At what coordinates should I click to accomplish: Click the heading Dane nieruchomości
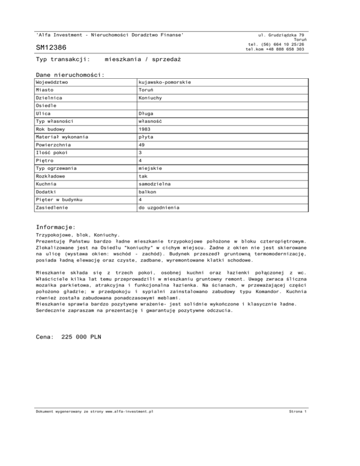tap(70, 75)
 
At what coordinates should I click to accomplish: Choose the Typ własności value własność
tap(147, 120)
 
